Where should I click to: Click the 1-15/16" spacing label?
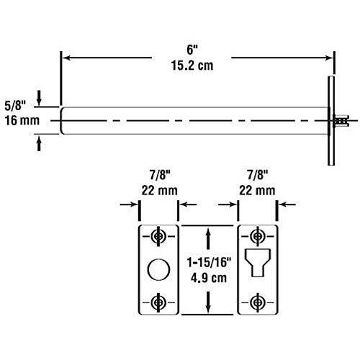click(x=208, y=261)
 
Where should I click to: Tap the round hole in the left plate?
click(x=158, y=270)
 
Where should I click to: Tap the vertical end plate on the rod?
click(x=331, y=121)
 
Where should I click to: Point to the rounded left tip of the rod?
click(x=63, y=120)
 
